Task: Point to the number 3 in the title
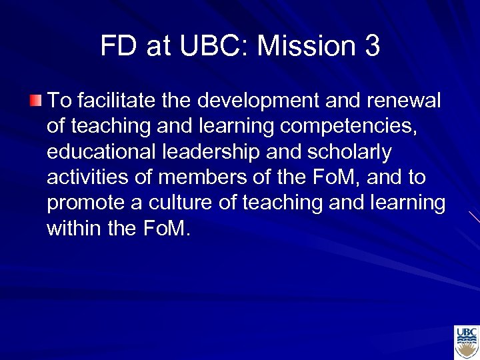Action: (x=372, y=46)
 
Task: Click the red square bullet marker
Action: (x=35, y=101)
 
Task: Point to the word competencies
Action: (x=355, y=127)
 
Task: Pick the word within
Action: (x=73, y=229)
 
